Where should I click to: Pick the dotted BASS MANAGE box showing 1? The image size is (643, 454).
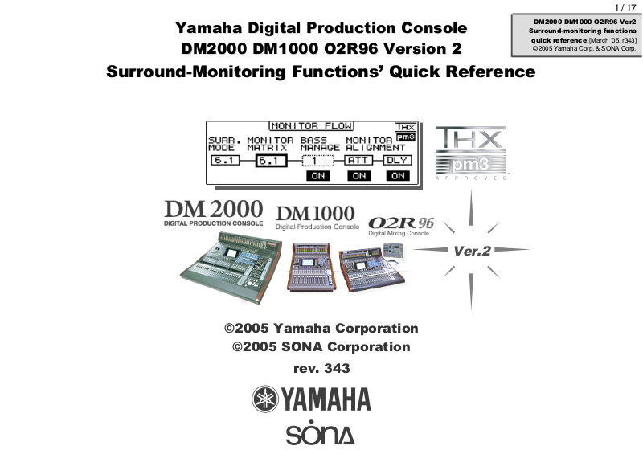tap(317, 161)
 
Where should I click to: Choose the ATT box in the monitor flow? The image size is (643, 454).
tap(358, 160)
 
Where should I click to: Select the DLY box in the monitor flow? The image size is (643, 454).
tap(396, 160)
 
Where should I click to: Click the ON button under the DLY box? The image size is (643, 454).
tap(396, 176)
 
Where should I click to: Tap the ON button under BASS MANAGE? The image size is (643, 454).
tap(317, 176)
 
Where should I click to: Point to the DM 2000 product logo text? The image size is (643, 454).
tap(213, 211)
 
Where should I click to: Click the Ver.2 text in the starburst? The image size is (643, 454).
tap(472, 251)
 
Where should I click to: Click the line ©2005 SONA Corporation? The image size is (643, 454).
tap(321, 347)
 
